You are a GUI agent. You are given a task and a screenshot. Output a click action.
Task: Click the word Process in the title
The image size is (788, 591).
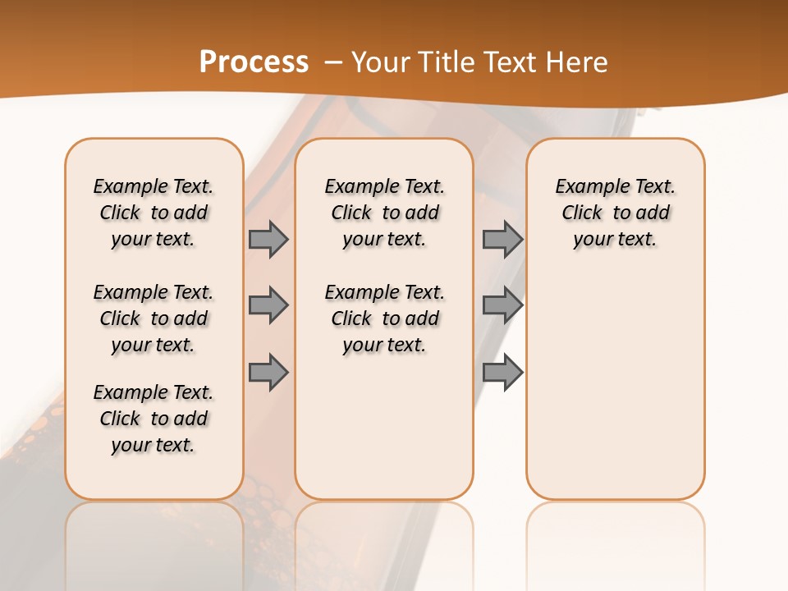[254, 62]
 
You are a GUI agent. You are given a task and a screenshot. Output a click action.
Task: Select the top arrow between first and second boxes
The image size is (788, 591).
[268, 239]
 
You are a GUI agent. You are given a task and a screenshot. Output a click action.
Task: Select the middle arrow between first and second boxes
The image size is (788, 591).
[268, 305]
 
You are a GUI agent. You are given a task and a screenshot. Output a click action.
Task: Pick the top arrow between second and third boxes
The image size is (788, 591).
[502, 239]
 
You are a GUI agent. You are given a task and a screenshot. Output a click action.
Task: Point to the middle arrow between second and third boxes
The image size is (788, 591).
[502, 305]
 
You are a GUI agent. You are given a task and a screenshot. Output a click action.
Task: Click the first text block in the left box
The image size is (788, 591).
[153, 213]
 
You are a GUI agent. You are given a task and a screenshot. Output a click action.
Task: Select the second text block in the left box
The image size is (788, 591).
[153, 318]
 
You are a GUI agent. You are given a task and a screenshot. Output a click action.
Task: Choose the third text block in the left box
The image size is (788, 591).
[153, 419]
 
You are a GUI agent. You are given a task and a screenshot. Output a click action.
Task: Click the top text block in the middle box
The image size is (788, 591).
[384, 213]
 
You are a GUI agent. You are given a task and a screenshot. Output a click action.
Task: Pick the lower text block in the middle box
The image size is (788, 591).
[384, 318]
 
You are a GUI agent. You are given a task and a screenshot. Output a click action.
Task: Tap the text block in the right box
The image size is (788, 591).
[615, 213]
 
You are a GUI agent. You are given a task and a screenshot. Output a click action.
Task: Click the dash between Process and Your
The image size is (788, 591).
[333, 62]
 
